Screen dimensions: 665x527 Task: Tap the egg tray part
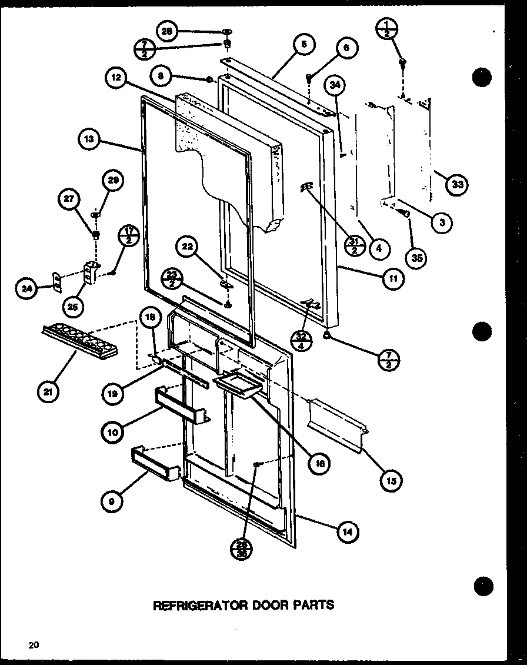pyautogui.click(x=77, y=341)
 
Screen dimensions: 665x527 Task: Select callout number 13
pyautogui.click(x=90, y=141)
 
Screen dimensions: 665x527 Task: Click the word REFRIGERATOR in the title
pyautogui.click(x=194, y=604)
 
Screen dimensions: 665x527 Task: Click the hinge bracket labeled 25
pyautogui.click(x=91, y=274)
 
